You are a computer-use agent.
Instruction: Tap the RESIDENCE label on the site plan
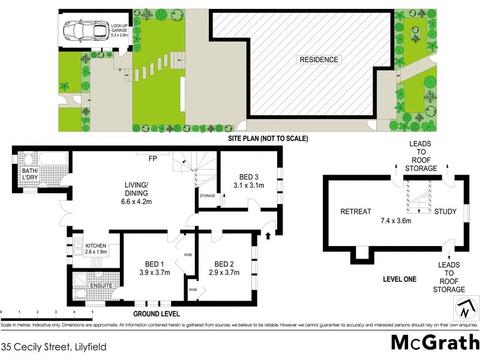(319, 59)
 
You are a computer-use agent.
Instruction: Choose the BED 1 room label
(155, 264)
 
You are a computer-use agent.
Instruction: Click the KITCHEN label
(97, 246)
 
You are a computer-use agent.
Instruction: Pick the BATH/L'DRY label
(26, 175)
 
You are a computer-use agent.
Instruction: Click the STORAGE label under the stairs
(208, 196)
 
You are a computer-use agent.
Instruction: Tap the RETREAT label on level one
(356, 212)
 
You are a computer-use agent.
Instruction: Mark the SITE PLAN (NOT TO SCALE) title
(269, 139)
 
